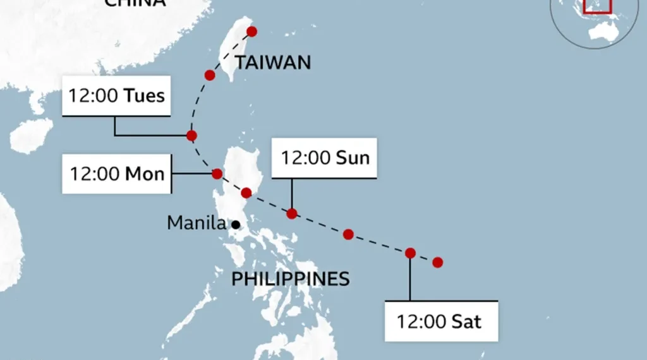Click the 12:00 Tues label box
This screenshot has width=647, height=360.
point(117,96)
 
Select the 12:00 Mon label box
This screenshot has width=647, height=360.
point(117,173)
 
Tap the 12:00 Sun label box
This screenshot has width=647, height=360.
point(324,158)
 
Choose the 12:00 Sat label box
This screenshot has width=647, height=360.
point(440,321)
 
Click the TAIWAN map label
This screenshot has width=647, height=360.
point(273,63)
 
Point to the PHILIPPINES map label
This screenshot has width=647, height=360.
point(290,279)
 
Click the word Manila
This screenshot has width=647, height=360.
point(196,223)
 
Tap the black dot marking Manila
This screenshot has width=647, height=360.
point(235,224)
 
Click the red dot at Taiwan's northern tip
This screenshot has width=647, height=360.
point(251,32)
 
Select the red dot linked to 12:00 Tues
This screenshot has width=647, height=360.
point(191,135)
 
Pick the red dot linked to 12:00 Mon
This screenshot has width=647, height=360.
point(217,174)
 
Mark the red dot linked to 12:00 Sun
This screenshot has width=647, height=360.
point(291,213)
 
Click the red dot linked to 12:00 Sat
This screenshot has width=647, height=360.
point(410,253)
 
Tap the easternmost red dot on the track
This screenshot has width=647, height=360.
point(437,262)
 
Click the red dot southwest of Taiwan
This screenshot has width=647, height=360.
point(210,75)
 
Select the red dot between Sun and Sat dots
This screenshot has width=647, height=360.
point(348,234)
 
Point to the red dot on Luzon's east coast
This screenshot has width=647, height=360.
point(246,193)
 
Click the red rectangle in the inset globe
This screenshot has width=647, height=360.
point(597,5)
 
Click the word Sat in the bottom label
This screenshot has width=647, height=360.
point(466,321)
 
